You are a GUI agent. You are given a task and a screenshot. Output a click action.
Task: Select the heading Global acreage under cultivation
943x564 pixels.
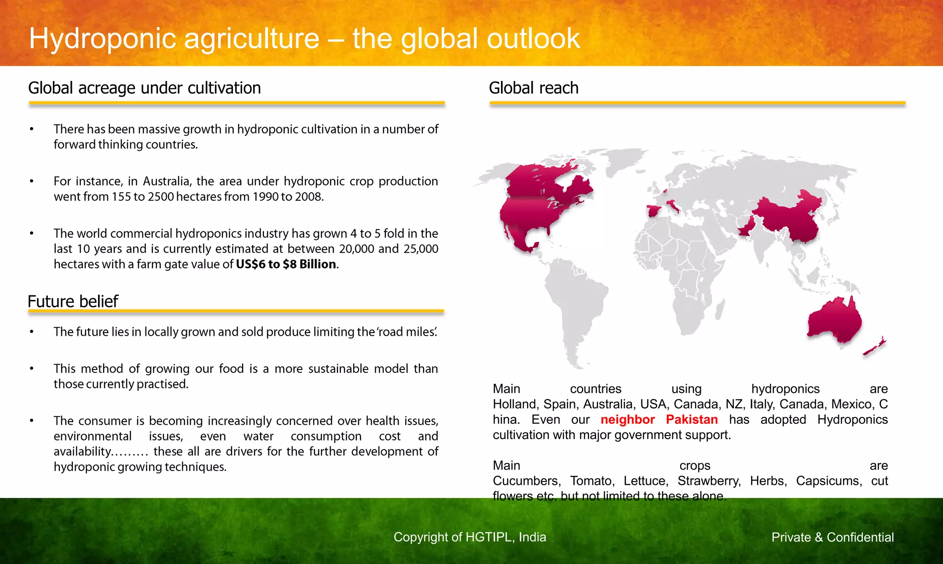pos(144,88)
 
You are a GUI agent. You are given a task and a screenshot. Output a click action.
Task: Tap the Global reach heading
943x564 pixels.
pos(533,88)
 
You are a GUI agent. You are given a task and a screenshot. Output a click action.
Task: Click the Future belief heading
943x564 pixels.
pos(73,301)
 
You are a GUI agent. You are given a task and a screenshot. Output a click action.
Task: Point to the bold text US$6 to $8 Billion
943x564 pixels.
pos(285,264)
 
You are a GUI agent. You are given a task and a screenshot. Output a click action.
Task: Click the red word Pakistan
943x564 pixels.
pos(692,419)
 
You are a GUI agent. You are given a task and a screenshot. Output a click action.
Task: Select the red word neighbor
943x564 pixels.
pos(627,419)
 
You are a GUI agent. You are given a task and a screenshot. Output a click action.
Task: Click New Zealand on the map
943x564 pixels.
pos(874,347)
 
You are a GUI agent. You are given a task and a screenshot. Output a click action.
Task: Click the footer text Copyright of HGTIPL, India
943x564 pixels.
pos(470,537)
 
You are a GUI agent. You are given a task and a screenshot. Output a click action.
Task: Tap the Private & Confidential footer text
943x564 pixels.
pos(832,537)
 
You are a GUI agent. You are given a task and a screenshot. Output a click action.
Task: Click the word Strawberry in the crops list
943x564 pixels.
pos(709,481)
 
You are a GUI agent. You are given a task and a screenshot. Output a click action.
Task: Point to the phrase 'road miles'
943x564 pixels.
pos(407,332)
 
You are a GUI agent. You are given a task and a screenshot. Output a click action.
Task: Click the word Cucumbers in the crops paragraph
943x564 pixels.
pos(526,481)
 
